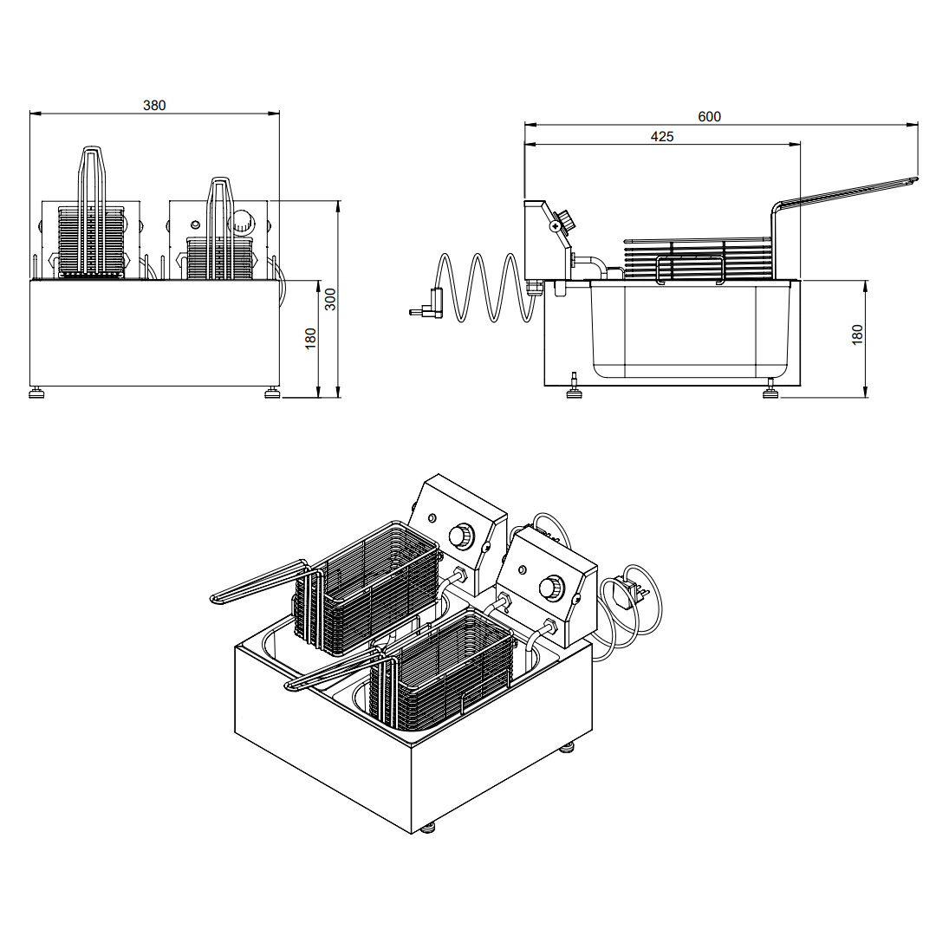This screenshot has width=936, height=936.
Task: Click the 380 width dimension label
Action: pos(154,106)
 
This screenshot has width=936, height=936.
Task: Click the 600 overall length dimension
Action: pos(709,117)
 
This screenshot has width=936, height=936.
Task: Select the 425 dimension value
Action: pos(662,137)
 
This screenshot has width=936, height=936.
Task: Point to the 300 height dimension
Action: pos(330,300)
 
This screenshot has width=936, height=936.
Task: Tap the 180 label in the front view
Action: pos(310,339)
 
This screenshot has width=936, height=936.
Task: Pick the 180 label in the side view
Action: pos(857,335)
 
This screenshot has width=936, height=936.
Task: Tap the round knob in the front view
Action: pos(243,222)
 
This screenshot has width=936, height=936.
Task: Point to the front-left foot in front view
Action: pos(37,393)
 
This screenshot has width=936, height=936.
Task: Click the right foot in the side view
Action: pos(770,391)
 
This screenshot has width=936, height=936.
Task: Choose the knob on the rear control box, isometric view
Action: pos(460,534)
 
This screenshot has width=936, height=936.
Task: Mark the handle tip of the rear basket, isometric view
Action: pos(216,597)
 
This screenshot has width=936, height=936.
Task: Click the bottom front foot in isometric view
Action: pos(426,828)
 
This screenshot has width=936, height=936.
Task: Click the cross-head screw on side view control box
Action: pos(556,226)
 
